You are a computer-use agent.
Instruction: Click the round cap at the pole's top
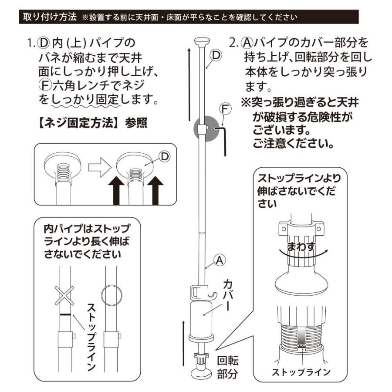click(x=201, y=43)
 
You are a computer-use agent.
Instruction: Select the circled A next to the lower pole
click(x=220, y=260)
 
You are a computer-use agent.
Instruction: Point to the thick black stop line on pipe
click(x=64, y=314)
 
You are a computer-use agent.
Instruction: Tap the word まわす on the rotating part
click(x=301, y=247)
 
